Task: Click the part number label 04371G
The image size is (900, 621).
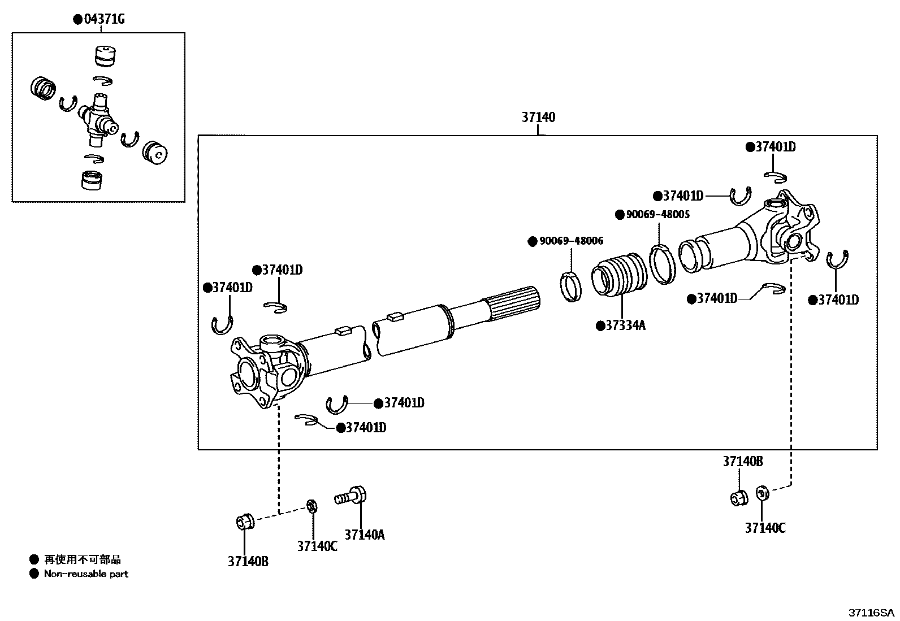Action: [104, 20]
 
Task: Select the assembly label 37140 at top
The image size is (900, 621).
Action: [538, 118]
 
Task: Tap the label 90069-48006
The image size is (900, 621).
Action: [571, 241]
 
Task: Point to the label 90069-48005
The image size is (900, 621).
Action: [657, 215]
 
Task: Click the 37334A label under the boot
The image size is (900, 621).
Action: [625, 326]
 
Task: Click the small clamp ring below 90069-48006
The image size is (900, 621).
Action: [571, 286]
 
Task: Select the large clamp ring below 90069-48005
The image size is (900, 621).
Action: [662, 263]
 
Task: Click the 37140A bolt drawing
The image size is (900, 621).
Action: [352, 497]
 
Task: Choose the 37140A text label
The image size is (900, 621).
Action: [365, 535]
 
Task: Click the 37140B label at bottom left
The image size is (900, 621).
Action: [248, 562]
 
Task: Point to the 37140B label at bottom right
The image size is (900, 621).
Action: [743, 462]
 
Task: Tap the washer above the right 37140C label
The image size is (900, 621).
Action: [761, 493]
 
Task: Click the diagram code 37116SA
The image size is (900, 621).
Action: [871, 613]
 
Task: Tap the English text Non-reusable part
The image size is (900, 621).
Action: [86, 574]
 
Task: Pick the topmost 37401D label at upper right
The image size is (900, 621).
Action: [775, 147]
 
